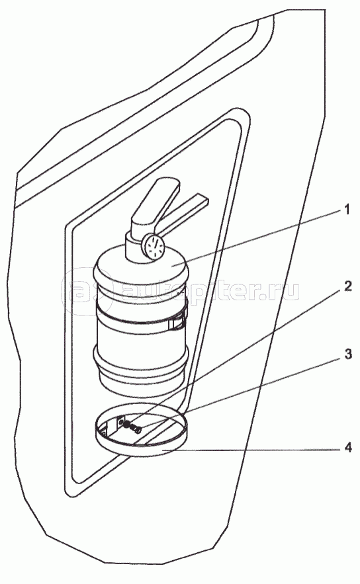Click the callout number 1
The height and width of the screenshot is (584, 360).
click(347, 210)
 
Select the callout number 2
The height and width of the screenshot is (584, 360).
click(347, 286)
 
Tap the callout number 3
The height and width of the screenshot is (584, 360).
click(347, 355)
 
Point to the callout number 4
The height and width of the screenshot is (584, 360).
click(347, 447)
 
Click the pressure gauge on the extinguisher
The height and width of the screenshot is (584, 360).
click(153, 247)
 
